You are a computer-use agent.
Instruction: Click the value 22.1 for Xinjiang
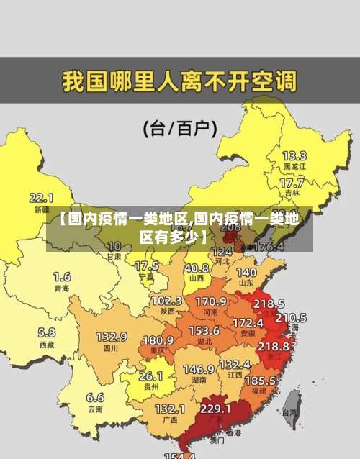pyautogui.click(x=41, y=197)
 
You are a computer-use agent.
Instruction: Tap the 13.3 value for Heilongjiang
pyautogui.click(x=294, y=155)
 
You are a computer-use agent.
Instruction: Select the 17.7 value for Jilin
pyautogui.click(x=292, y=183)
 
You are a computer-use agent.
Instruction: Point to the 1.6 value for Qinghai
pyautogui.click(x=62, y=276)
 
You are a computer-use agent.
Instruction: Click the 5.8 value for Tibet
pyautogui.click(x=46, y=332)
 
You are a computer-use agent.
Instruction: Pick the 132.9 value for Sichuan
pyautogui.click(x=112, y=336)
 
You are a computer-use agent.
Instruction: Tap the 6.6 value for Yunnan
pyautogui.click(x=95, y=396)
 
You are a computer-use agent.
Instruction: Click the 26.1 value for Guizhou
pyautogui.click(x=150, y=376)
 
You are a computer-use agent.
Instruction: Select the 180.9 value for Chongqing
pyautogui.click(x=158, y=340)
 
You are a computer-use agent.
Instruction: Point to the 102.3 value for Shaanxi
pyautogui.click(x=166, y=300)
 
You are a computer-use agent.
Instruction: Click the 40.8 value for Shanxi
pyautogui.click(x=196, y=267)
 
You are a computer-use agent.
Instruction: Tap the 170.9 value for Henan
pyautogui.click(x=211, y=301)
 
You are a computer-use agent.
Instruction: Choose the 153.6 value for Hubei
pyautogui.click(x=204, y=330)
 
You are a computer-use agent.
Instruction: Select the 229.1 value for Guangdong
pyautogui.click(x=215, y=408)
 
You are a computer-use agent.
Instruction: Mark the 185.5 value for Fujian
pyautogui.click(x=260, y=380)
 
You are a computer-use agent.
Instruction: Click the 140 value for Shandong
pyautogui.click(x=246, y=273)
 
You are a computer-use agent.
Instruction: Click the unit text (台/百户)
pyautogui.click(x=180, y=129)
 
